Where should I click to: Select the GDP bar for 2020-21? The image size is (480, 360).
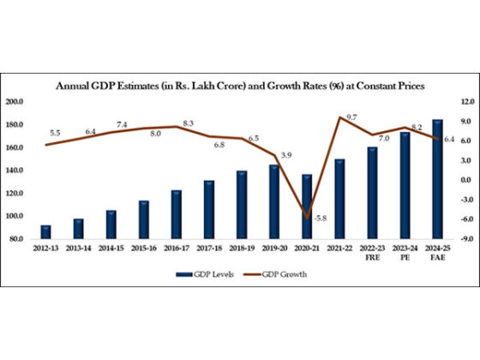coord(307,206)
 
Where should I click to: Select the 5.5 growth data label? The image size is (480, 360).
coord(55,133)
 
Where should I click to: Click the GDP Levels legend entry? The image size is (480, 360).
coord(207,274)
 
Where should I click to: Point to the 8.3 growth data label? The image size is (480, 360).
coord(189,123)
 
